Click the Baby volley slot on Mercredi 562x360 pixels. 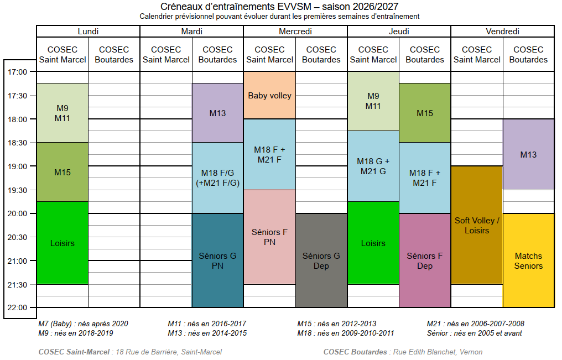click(x=269, y=95)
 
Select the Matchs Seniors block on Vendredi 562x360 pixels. click(x=529, y=260)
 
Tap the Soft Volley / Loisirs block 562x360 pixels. click(x=477, y=225)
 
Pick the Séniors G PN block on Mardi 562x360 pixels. click(x=217, y=260)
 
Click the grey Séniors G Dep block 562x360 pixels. click(x=321, y=260)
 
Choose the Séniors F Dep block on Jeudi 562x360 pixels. click(x=425, y=260)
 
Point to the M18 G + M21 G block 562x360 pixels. click(x=373, y=166)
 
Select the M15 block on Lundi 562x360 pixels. click(x=63, y=173)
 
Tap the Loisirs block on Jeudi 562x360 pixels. click(x=373, y=243)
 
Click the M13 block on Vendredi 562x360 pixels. click(x=529, y=154)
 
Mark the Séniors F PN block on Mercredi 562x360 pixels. click(x=269, y=237)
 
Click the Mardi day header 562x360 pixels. click(x=192, y=32)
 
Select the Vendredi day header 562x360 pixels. click(x=502, y=32)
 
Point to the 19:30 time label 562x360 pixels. click(x=17, y=190)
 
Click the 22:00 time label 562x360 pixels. click(x=17, y=307)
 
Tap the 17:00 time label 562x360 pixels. click(x=17, y=72)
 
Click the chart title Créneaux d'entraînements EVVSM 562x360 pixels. click(x=279, y=7)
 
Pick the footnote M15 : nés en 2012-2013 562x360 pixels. click(x=336, y=324)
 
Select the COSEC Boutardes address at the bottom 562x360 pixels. click(x=403, y=352)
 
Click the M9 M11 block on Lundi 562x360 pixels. click(x=63, y=113)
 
